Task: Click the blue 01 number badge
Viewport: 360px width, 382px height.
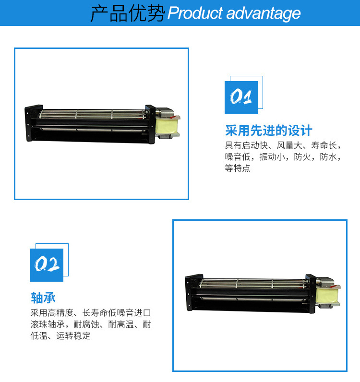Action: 241,97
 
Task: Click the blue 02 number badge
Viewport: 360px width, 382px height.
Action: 47,265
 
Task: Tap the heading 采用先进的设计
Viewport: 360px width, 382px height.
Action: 269,131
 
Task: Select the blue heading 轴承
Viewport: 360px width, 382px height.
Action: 43,298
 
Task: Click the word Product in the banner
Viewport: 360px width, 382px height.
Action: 195,13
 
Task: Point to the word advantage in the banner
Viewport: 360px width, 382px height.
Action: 264,13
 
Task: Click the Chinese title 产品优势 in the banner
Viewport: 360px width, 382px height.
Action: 128,13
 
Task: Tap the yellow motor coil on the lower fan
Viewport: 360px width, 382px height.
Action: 326,296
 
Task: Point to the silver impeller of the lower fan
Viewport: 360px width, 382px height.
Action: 254,284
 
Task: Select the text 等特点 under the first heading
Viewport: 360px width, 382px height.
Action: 238,168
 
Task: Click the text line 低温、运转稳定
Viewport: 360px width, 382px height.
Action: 60,336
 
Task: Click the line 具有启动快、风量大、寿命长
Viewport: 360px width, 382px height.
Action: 283,145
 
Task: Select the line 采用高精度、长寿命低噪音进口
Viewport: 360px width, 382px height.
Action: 91,312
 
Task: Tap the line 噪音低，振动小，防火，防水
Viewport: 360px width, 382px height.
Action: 283,156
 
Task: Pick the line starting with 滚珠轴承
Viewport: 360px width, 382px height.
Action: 91,324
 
